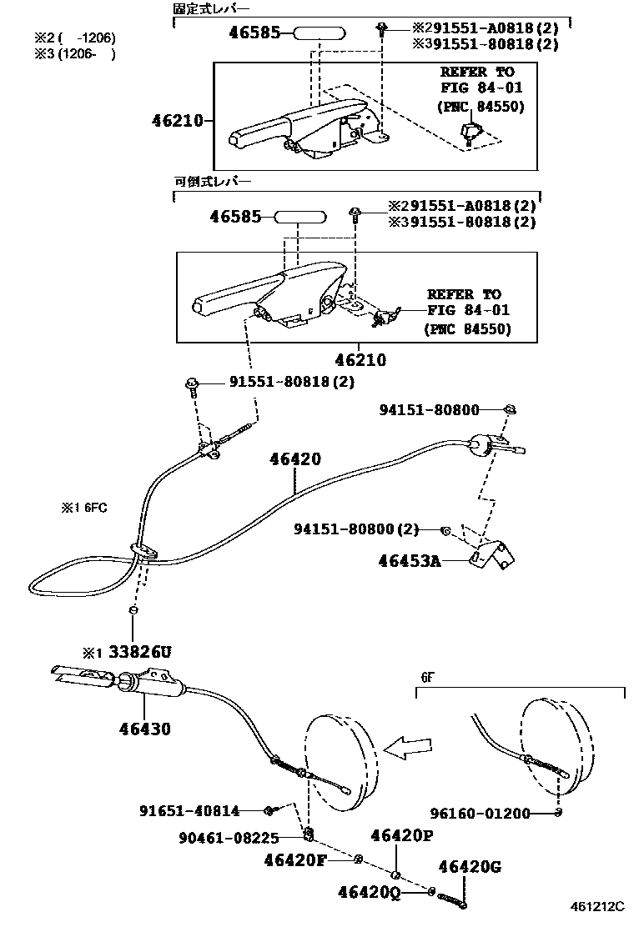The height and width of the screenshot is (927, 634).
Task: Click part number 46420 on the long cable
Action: [295, 459]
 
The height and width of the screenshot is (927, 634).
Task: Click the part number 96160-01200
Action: [481, 813]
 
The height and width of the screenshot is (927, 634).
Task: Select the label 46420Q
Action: [370, 892]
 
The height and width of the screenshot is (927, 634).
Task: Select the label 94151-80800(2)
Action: [355, 529]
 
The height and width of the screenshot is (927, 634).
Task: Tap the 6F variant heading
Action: [427, 679]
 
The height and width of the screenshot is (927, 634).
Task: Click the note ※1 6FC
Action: [83, 507]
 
